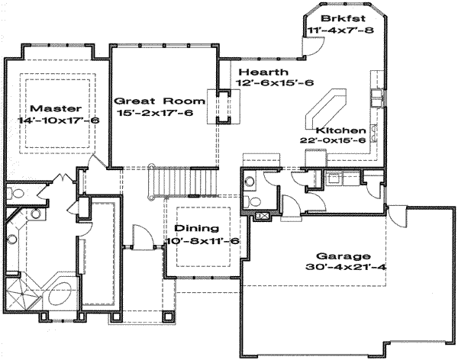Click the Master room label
[x=56, y=108]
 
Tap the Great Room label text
[x=160, y=101]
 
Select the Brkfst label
[x=343, y=18]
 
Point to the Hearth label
[x=263, y=72]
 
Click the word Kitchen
[x=341, y=130]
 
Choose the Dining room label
[x=196, y=228]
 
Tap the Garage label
[x=343, y=256]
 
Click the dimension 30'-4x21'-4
[x=346, y=267]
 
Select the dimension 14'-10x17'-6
[x=59, y=120]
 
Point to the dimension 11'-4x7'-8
[x=341, y=30]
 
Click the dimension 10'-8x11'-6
[x=203, y=241]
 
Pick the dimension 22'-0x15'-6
[x=333, y=140]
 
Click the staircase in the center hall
[x=182, y=182]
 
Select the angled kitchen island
[x=326, y=109]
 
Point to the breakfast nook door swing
[x=313, y=46]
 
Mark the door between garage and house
[x=397, y=216]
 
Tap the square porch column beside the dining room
[x=168, y=317]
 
